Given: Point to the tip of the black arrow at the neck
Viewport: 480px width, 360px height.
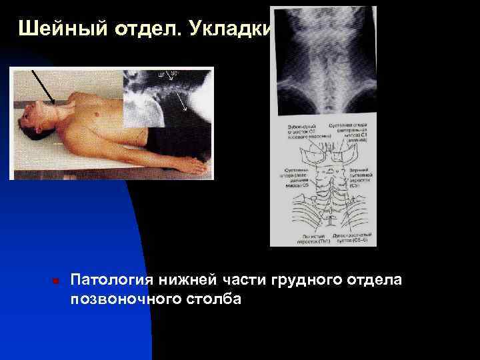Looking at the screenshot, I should [53, 103].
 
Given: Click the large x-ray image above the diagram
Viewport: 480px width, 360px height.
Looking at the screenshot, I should [323, 63].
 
